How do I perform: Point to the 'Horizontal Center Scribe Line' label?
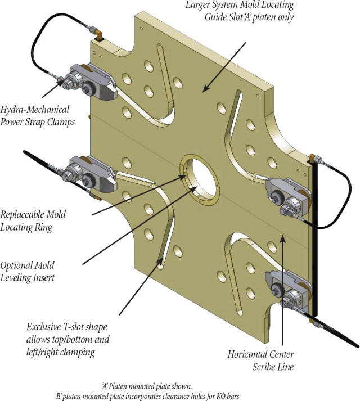tap(261, 360)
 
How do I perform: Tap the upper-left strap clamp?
tap(90, 83)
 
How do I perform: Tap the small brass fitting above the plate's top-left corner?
tap(100, 37)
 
